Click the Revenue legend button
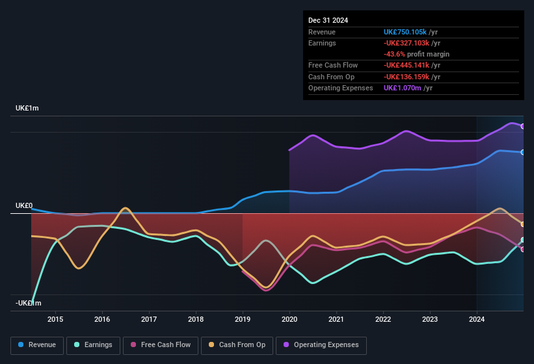pos(37,345)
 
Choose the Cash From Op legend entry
pos(237,345)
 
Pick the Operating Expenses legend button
pos(321,345)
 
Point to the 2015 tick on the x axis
pos(55,319)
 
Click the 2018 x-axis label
pos(196,319)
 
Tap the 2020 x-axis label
pos(289,319)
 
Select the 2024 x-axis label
pos(477,319)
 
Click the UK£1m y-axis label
pos(27,108)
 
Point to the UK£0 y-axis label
pos(24,205)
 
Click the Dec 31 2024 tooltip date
pos(328,20)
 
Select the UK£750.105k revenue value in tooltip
pos(405,32)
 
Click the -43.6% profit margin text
pos(416,54)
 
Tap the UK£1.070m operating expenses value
pos(403,88)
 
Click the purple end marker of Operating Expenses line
pos(523,126)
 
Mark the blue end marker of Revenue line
pos(523,152)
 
